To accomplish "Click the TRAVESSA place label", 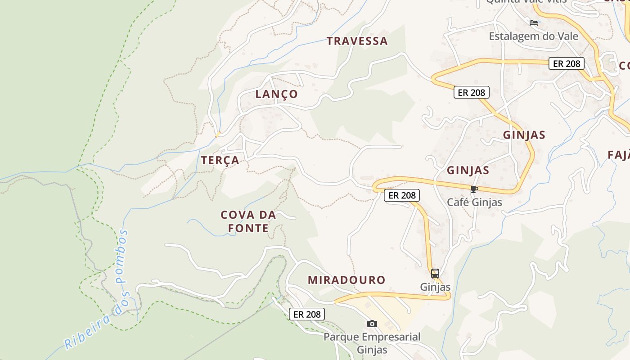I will coord(357,41).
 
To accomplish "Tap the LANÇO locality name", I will coord(276,94).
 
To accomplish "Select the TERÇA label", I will coord(220,160).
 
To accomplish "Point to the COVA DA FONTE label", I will coord(248,221).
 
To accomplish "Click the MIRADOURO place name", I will coord(346,280).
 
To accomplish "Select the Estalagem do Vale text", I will coord(533,36).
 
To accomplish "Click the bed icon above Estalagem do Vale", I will coord(534,23).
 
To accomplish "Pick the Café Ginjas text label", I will coord(474,202).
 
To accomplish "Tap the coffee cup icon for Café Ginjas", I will coord(473,189).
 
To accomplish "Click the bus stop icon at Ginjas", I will coord(435,273).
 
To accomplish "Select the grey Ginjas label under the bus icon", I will coord(435,287).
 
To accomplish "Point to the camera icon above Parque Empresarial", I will coord(372,324).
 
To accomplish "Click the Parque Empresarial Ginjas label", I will coord(372,343).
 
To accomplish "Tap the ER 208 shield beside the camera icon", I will coord(306,314).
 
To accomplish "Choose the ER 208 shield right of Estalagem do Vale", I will coord(566,63).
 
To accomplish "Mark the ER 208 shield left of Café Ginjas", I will coord(401,195).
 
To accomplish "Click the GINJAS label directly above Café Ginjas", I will coord(468,171).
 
